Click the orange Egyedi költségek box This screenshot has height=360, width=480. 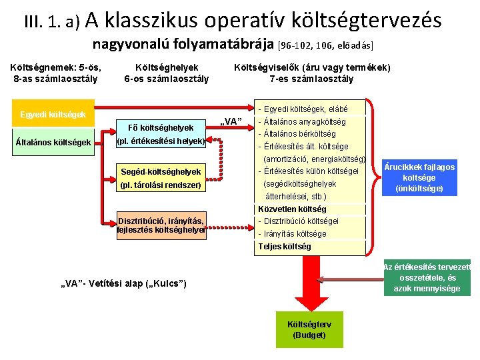tap(53, 114)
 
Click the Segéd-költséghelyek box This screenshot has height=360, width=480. tap(161, 178)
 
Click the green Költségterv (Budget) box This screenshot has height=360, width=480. tap(309, 329)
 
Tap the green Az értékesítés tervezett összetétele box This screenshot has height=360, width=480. tap(427, 277)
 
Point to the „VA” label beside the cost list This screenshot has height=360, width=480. tap(230, 121)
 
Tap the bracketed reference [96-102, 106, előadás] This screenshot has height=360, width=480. tap(325, 46)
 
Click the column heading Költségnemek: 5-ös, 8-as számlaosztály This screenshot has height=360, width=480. tap(56, 73)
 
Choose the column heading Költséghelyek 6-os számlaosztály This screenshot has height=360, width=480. tap(166, 73)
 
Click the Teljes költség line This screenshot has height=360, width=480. tap(285, 247)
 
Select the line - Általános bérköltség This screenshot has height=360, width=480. tap(300, 134)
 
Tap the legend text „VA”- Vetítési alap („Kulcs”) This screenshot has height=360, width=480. tap(123, 285)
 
